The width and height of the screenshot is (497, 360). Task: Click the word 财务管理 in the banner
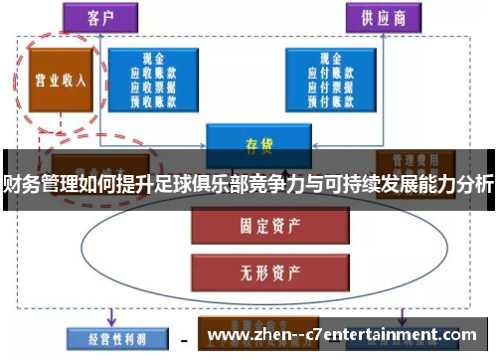(x=35, y=182)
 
